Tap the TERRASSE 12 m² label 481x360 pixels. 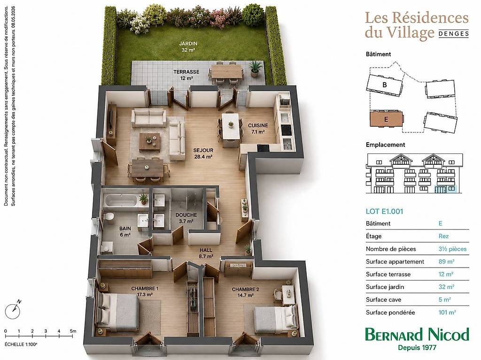186,75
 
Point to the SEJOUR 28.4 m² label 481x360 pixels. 203,153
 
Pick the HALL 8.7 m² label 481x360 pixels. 206,253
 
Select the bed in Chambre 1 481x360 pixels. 117,310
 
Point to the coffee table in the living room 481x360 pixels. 149,142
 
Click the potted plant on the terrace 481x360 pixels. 255,69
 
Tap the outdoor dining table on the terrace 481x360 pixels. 226,72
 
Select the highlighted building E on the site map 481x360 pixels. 386,119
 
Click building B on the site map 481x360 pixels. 384,84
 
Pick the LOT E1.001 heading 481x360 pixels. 384,211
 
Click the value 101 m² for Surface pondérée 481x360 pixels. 447,313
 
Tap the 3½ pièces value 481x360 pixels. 452,249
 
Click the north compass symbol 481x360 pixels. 13,309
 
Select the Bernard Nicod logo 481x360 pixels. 417,338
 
